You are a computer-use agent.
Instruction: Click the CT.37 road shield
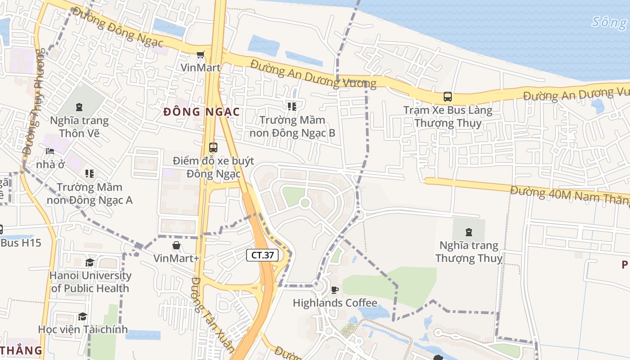tap(262, 255)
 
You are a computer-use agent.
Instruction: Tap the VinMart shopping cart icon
tap(200, 54)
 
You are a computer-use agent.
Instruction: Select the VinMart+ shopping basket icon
tap(176, 245)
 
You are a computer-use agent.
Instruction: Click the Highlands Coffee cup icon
tap(334, 290)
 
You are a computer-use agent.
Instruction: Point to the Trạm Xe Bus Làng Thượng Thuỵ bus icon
tap(448, 96)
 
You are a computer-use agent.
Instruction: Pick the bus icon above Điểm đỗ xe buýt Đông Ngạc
tap(213, 147)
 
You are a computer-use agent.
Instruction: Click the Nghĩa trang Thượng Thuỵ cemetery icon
tap(469, 232)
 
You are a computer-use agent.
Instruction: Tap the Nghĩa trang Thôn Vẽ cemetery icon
tap(79, 107)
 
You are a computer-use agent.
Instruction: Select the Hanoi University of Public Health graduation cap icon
tap(90, 262)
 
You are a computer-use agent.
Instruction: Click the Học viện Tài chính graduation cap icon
tap(82, 316)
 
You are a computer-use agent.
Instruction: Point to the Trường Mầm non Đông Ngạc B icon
tap(292, 107)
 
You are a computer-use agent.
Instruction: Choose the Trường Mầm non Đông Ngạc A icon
tap(90, 174)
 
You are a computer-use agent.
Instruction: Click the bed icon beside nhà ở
tap(50, 151)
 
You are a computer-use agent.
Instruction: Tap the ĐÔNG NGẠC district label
tap(201, 112)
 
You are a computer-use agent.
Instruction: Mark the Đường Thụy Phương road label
tap(34, 103)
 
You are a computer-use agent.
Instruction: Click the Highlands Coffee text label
tap(335, 303)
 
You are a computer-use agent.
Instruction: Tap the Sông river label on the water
tap(610, 22)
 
